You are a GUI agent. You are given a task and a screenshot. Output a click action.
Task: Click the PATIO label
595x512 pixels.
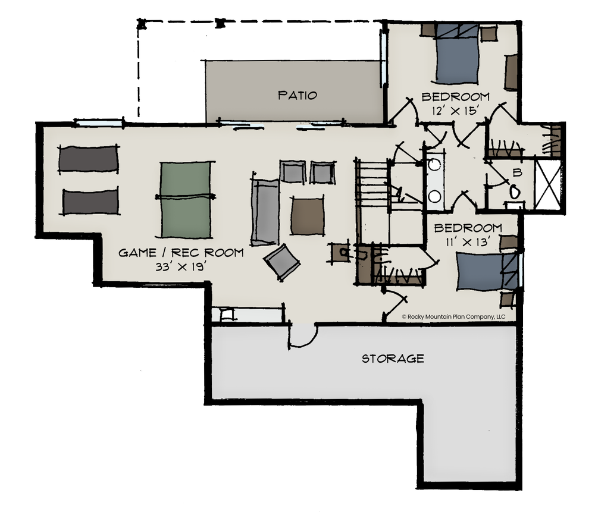297,95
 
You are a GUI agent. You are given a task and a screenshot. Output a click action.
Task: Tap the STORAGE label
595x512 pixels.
393,359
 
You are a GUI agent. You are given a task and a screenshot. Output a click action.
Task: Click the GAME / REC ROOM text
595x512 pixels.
181,253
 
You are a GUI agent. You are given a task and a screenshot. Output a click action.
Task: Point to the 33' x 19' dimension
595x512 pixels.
181,267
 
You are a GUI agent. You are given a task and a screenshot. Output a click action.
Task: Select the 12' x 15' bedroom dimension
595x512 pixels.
454,111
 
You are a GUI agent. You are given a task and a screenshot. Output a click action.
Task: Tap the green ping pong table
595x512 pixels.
185,199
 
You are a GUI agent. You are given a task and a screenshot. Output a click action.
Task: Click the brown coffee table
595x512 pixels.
308,216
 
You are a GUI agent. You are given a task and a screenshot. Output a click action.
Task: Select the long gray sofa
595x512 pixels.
265,211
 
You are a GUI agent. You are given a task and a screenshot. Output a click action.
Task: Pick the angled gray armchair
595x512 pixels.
281,262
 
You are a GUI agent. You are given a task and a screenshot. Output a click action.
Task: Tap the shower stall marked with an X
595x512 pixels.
547,185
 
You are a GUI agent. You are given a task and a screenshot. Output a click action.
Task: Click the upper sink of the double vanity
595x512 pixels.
434,164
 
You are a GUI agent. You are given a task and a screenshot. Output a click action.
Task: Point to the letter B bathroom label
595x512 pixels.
517,173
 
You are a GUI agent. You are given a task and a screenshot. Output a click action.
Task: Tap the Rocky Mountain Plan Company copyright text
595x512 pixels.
453,317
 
